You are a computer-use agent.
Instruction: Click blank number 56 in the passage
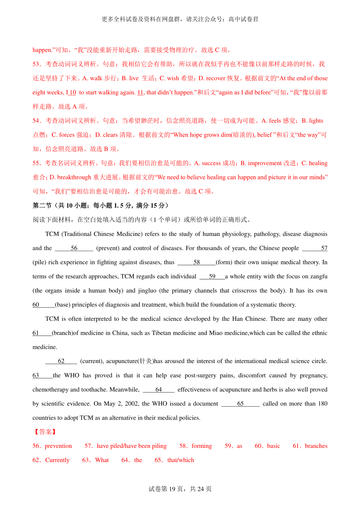[x=74, y=248]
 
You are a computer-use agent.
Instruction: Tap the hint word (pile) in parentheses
[x=39, y=262]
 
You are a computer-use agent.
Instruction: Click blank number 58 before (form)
[x=196, y=262]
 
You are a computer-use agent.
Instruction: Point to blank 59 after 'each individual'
[x=212, y=276]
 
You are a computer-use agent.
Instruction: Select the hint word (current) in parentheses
[x=91, y=361]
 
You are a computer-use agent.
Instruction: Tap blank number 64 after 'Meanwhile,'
[x=159, y=389]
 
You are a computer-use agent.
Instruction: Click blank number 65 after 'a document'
[x=240, y=404]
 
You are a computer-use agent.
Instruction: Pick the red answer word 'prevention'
[x=58, y=446]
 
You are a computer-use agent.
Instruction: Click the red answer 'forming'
[x=202, y=446]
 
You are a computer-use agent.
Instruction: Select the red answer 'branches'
[x=316, y=446]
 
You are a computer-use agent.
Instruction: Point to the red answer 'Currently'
[x=57, y=460]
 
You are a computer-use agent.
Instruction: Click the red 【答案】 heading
[x=45, y=432]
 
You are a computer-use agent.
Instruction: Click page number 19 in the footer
[x=172, y=489]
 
